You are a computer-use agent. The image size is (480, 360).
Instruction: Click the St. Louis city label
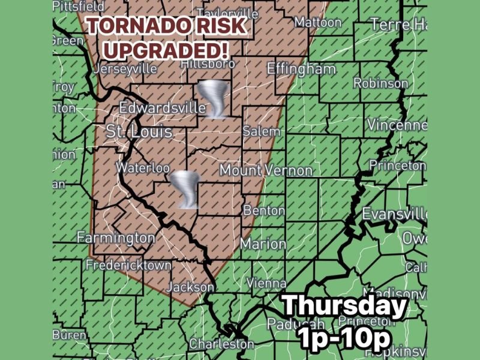tap(139, 131)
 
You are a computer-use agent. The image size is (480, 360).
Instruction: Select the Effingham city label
tap(301, 68)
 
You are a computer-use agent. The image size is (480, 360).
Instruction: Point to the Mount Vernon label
tap(266, 170)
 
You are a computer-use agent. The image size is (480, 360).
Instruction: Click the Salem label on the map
tap(261, 131)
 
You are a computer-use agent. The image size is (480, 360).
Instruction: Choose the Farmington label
tap(116, 238)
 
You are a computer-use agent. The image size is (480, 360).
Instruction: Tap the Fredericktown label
tap(128, 265)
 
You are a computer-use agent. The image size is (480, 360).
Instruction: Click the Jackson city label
tap(190, 287)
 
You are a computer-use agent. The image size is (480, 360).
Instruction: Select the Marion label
tap(263, 244)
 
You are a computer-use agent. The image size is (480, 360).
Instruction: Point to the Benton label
tap(264, 211)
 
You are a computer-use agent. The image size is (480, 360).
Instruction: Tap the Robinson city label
tap(380, 83)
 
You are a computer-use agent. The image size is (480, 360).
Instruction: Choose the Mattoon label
tap(318, 23)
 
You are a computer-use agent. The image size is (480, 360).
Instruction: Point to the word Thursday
tap(344, 307)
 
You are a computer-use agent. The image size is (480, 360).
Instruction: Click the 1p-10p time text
tap(344, 338)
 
